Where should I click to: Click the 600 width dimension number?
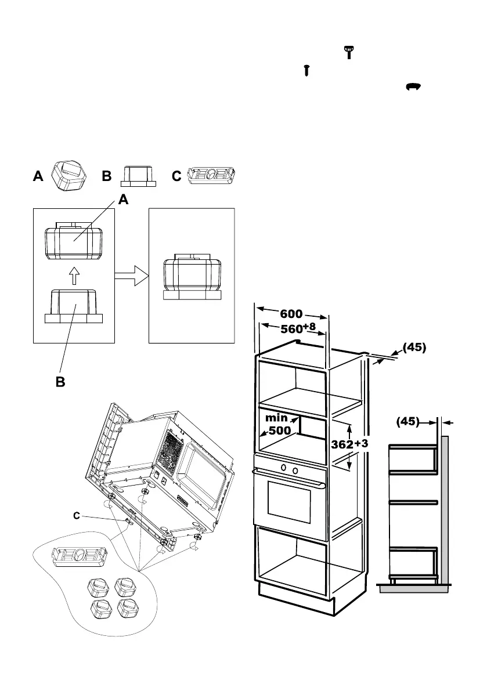(291, 314)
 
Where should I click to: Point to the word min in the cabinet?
(277, 417)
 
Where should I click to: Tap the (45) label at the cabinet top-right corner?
(413, 348)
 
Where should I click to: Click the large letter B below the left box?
(60, 384)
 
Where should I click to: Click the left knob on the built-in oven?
(283, 468)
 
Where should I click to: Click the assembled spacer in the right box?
(192, 278)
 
